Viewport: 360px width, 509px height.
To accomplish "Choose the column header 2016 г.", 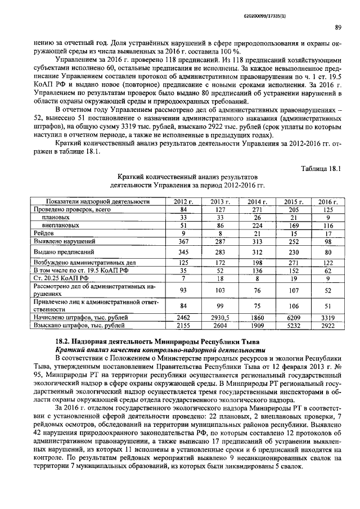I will (x=327, y=202).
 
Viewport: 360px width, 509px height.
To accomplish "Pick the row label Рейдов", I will (x=44, y=232).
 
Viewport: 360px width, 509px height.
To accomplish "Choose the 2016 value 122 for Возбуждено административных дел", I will (x=327, y=263).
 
